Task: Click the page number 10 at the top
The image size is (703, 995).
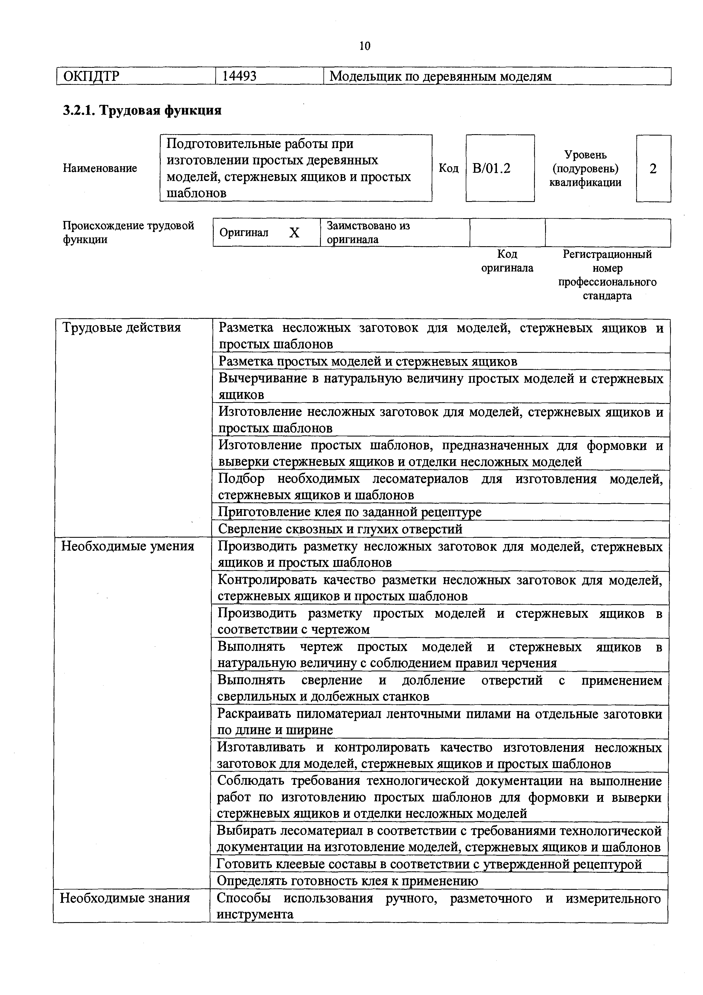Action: click(365, 46)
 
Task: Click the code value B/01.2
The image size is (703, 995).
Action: click(491, 168)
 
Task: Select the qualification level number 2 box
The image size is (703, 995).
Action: click(653, 168)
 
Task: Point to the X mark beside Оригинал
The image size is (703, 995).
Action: click(294, 233)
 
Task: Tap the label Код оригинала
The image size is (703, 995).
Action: click(507, 261)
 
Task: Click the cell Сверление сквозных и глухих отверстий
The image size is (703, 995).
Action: click(340, 529)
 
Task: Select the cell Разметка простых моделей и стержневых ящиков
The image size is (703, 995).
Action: click(368, 361)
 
